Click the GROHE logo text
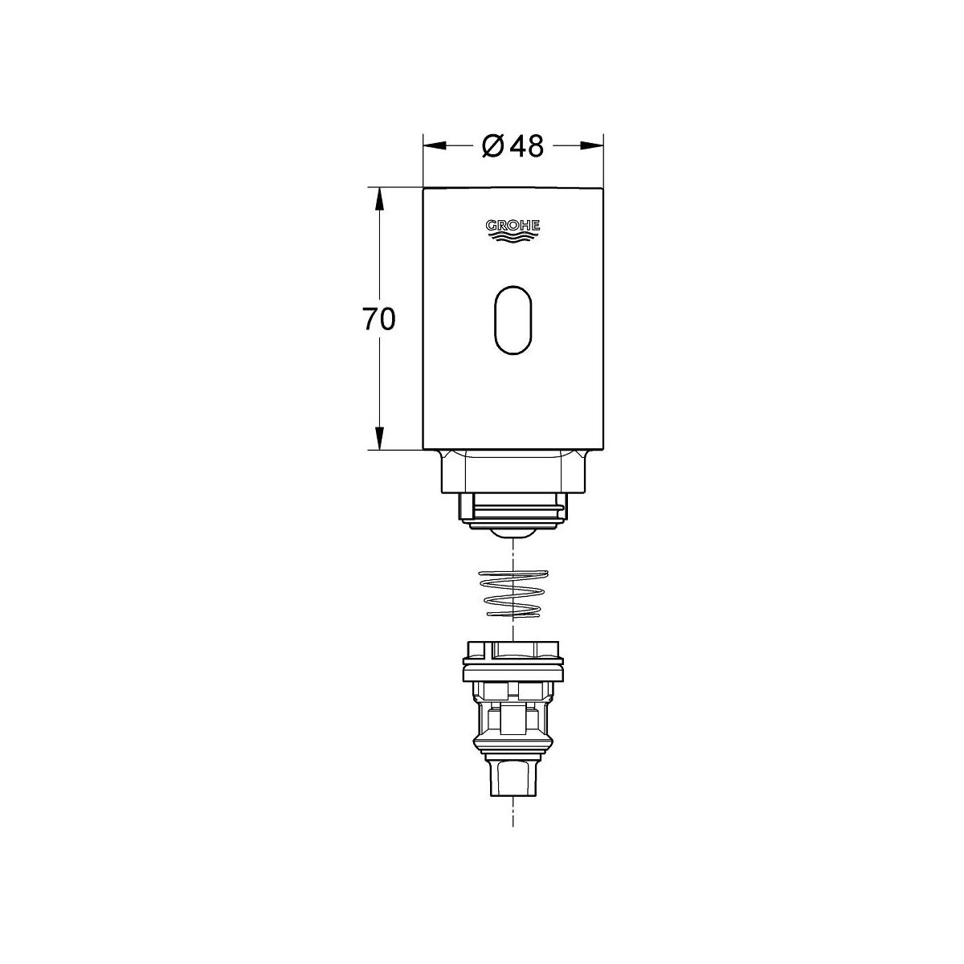coord(513,226)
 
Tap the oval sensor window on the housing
coord(513,321)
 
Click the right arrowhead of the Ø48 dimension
coord(592,145)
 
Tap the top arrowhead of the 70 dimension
coord(380,199)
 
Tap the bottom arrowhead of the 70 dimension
coord(380,438)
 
